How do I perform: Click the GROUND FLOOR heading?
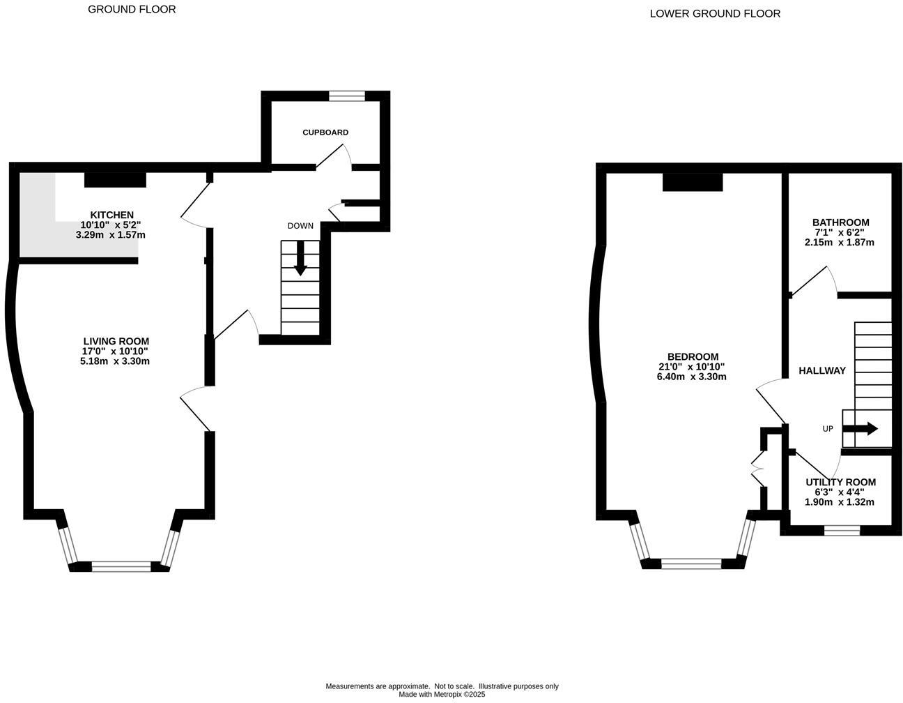[x=132, y=9]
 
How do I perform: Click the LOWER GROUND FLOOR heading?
[x=715, y=13]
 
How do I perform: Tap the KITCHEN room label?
[x=111, y=215]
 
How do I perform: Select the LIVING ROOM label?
[x=115, y=341]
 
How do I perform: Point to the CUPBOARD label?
[x=325, y=133]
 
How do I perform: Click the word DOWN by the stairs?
[x=300, y=226]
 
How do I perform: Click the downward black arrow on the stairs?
[x=300, y=258]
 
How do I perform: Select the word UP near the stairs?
[x=828, y=429]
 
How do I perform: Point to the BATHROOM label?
[x=840, y=222]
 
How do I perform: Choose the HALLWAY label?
[x=822, y=371]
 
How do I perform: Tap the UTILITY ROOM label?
[x=840, y=483]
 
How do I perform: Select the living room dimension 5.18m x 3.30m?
[x=115, y=361]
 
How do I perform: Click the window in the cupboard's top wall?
[x=346, y=96]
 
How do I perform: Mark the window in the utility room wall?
[x=842, y=531]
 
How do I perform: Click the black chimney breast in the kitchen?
[x=115, y=180]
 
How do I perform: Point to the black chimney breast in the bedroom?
[x=692, y=182]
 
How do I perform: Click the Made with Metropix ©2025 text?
[x=442, y=695]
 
